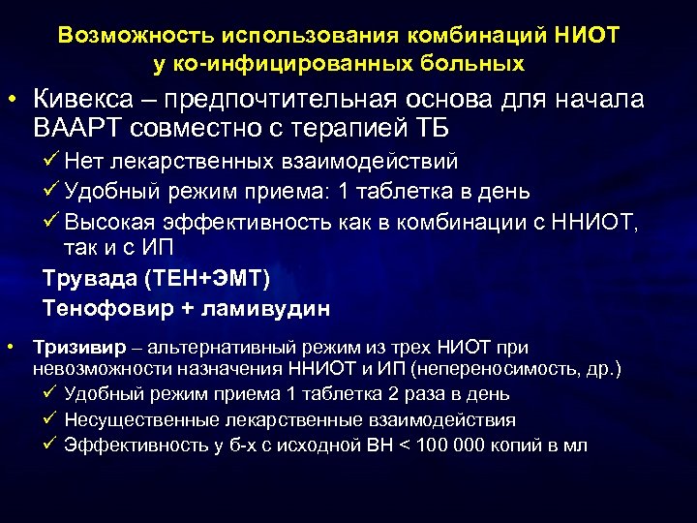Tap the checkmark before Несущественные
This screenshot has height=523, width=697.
coord(50,419)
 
